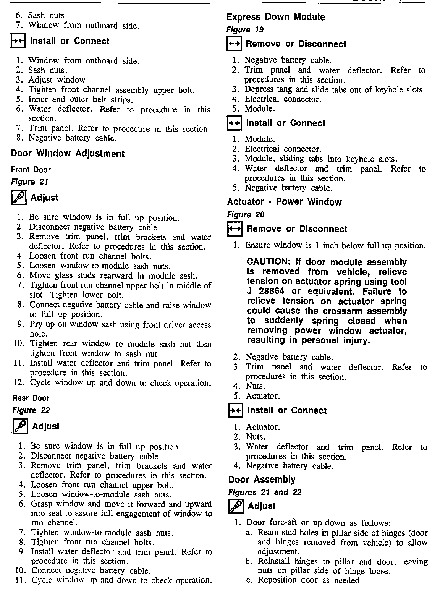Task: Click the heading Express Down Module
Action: coord(275,17)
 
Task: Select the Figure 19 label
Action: coord(245,30)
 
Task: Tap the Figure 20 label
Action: coord(246,215)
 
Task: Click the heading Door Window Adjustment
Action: coord(68,154)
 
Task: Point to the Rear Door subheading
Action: coord(31,398)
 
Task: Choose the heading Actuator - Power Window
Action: coord(284,202)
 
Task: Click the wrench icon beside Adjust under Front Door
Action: coord(18,198)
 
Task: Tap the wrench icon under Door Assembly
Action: coord(235,506)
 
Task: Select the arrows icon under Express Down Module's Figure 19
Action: coord(234,44)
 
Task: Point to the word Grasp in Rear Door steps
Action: coord(42,504)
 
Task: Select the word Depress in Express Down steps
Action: coord(259,90)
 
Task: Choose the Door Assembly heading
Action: coord(262,480)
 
